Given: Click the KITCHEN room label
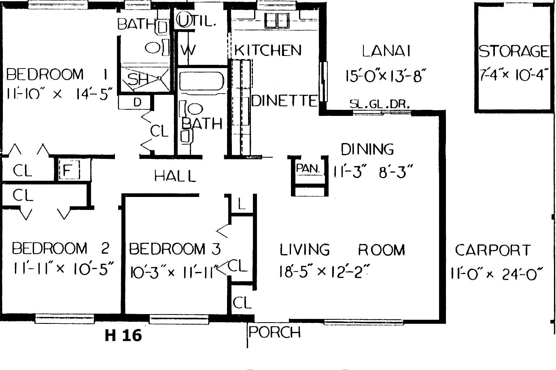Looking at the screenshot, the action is pyautogui.click(x=268, y=50).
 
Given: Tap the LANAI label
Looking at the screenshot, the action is pyautogui.click(x=386, y=51).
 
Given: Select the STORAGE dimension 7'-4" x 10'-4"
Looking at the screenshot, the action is pyautogui.click(x=514, y=75).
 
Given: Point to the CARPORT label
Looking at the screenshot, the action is pyautogui.click(x=493, y=250).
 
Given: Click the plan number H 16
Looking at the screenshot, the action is pyautogui.click(x=123, y=335).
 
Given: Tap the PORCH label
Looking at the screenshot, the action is pyautogui.click(x=274, y=332).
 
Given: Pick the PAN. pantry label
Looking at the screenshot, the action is pyautogui.click(x=307, y=169).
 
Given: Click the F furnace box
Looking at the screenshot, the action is pyautogui.click(x=69, y=170).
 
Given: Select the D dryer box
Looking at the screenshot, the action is pyautogui.click(x=134, y=102).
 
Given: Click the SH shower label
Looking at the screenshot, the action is pyautogui.click(x=138, y=79).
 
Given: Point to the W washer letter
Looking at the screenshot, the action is pyautogui.click(x=188, y=50).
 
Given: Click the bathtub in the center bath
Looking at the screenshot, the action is pyautogui.click(x=201, y=81).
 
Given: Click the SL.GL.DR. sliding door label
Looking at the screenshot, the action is pyautogui.click(x=379, y=104).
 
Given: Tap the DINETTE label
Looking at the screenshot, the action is pyautogui.click(x=284, y=101).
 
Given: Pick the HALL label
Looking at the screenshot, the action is pyautogui.click(x=175, y=176).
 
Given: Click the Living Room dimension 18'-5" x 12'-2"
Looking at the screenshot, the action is pyautogui.click(x=324, y=272).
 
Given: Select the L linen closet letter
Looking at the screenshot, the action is pyautogui.click(x=242, y=204).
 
